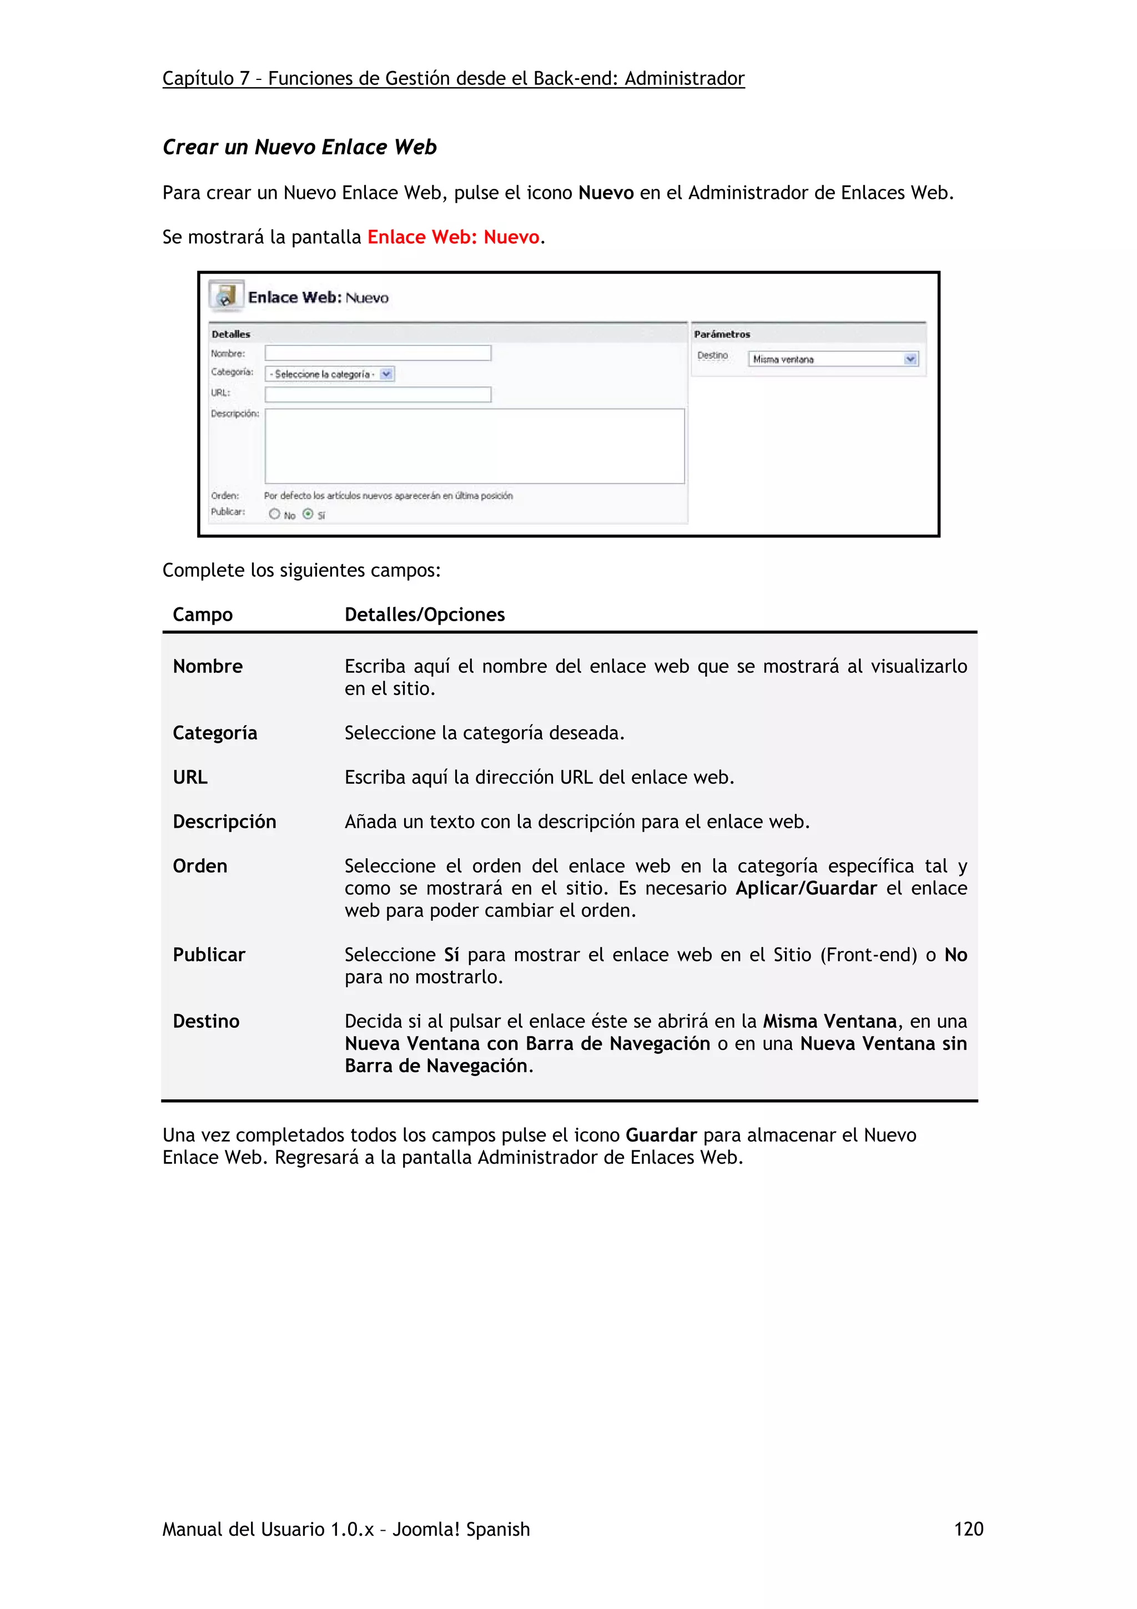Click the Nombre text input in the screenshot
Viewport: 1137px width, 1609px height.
point(378,353)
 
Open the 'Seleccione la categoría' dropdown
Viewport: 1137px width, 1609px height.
point(330,374)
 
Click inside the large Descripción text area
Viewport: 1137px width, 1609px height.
point(474,446)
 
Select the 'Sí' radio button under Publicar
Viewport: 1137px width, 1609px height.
point(308,514)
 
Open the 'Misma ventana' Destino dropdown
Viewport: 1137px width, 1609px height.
point(832,359)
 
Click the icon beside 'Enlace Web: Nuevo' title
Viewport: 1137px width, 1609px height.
point(225,296)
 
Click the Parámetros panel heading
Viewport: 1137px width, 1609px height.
point(722,334)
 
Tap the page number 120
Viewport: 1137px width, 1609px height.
point(968,1529)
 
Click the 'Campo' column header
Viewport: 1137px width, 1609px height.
point(203,615)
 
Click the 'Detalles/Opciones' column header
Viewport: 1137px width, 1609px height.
point(425,615)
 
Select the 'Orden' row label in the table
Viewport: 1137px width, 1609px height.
point(200,866)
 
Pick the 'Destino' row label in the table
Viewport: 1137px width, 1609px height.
point(206,1021)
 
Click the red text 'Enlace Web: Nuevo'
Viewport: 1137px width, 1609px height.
point(452,237)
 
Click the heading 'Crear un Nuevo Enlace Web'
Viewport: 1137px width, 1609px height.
point(299,147)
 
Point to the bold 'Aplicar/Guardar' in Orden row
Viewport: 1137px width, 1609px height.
point(806,888)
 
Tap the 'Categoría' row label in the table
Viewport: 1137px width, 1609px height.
point(214,733)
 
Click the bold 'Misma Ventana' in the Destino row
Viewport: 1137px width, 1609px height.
point(829,1021)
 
